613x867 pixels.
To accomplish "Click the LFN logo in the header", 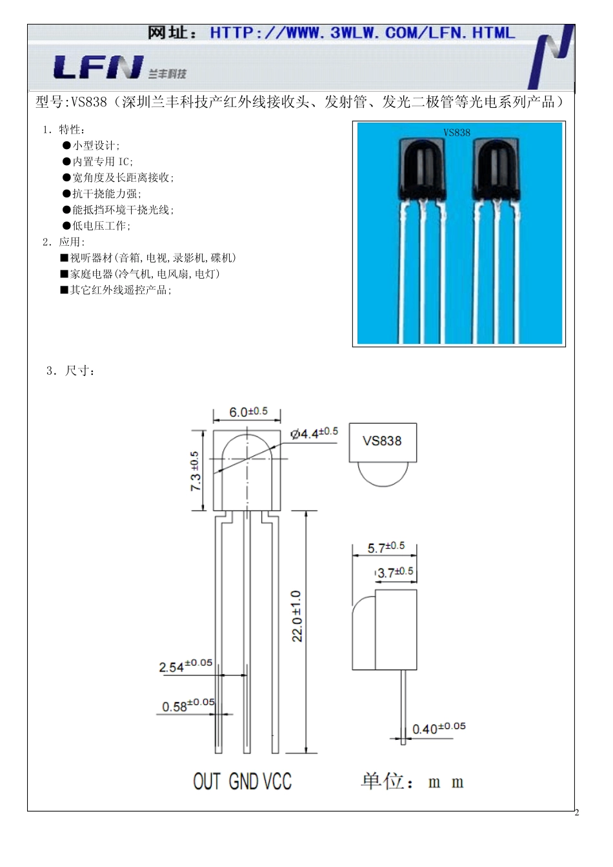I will [x=98, y=67].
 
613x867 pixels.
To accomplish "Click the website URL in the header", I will [x=362, y=33].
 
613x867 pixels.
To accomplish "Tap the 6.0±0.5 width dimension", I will [x=248, y=412].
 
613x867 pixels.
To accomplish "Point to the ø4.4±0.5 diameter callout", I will [x=314, y=433].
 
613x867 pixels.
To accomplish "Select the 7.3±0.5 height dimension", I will [x=195, y=471].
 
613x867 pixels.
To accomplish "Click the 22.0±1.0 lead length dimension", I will [x=297, y=616].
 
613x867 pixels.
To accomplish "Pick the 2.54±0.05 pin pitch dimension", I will [x=186, y=665].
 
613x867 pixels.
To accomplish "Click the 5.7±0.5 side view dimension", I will [x=386, y=547].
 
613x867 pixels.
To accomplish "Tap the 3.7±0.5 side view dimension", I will [x=395, y=572].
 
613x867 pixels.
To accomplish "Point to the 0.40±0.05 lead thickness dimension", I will [x=439, y=728].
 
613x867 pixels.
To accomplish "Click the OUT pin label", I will [x=207, y=782].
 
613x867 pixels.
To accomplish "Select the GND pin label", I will [x=244, y=782].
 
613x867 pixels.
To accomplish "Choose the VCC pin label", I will [x=277, y=782].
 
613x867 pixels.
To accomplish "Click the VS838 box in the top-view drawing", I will [x=383, y=442].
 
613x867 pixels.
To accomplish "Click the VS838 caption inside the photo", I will [x=457, y=133].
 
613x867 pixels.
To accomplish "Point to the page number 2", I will [x=577, y=812].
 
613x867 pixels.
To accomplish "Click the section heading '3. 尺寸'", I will [x=72, y=371].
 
